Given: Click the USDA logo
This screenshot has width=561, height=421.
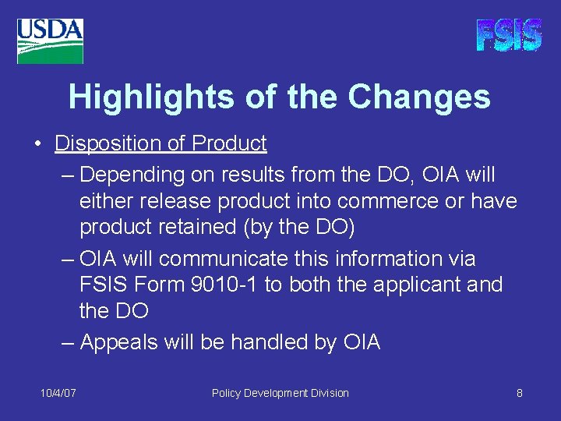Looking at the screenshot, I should tap(50, 41).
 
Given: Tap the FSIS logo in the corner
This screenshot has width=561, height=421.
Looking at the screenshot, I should tap(509, 36).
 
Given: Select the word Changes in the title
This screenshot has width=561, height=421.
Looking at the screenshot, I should tap(419, 97).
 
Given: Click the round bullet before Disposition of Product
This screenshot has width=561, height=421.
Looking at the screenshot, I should tap(38, 145).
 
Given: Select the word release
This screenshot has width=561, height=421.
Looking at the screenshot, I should tap(175, 201).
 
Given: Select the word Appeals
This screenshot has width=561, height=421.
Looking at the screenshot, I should tap(121, 342).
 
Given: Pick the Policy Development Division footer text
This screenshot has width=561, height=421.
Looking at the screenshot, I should tap(280, 394).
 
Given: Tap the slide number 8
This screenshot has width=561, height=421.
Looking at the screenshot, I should tap(519, 394).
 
